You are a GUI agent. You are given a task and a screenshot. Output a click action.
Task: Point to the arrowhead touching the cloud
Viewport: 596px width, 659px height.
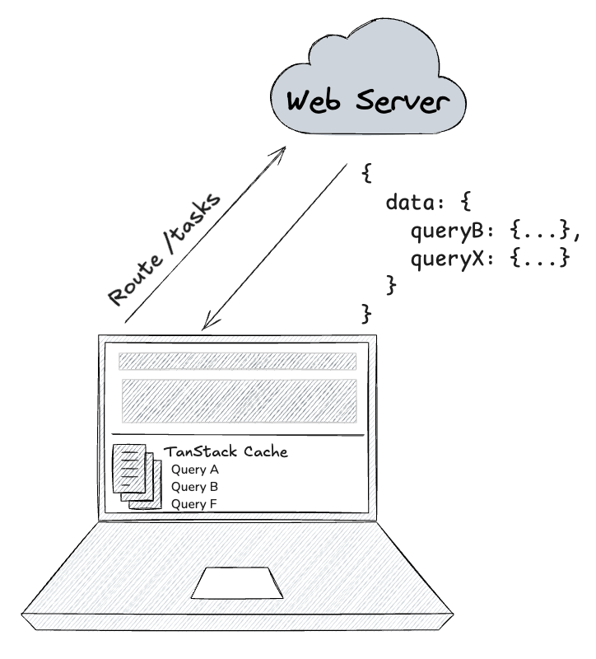tap(282, 151)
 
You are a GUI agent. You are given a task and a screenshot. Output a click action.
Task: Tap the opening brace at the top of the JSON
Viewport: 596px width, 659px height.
tap(368, 174)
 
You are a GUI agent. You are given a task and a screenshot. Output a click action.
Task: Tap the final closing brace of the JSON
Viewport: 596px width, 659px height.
tap(368, 314)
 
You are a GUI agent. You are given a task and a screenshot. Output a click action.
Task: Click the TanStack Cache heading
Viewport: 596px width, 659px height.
tap(226, 452)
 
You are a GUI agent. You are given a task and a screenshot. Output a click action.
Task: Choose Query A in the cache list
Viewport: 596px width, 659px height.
tap(195, 470)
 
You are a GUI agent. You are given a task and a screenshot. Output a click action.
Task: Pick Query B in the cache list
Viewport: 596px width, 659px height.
tap(195, 486)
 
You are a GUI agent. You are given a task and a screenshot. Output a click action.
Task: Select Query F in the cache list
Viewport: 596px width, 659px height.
tap(195, 503)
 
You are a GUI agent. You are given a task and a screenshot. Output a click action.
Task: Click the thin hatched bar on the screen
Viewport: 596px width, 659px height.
tap(237, 362)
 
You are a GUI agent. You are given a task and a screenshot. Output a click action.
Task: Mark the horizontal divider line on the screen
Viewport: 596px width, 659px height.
tap(237, 435)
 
